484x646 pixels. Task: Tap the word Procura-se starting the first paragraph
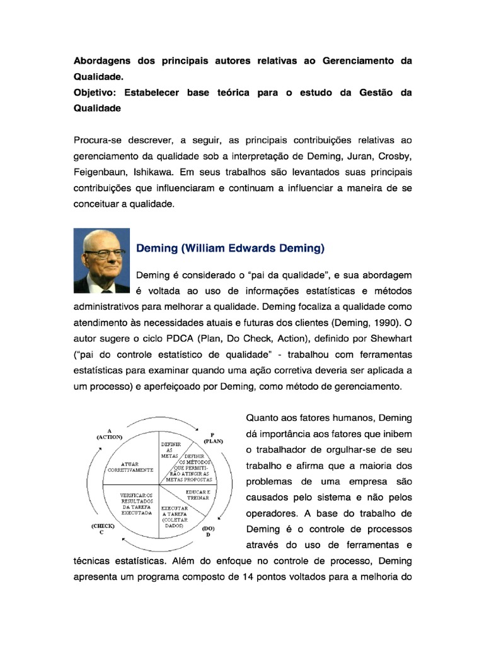coord(100,139)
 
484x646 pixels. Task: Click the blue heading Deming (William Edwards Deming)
coord(230,249)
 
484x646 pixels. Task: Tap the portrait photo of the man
coord(101,261)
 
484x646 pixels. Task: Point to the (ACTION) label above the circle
coord(109,435)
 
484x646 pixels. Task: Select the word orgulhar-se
coord(337,450)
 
